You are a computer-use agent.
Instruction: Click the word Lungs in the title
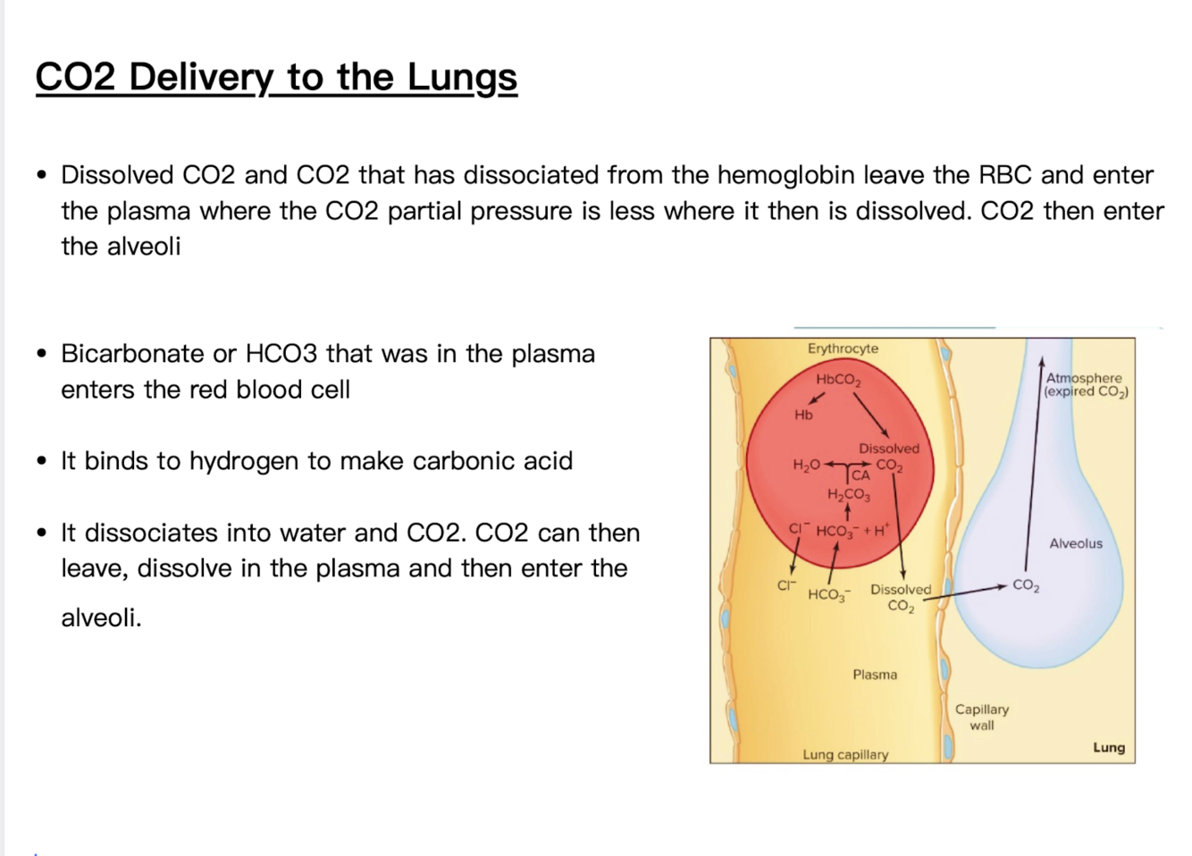point(462,78)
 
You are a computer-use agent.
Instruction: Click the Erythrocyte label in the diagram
point(843,348)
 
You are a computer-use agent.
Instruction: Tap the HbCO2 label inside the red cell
point(838,380)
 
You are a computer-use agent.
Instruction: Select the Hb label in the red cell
point(803,415)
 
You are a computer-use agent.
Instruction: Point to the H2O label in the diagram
point(806,466)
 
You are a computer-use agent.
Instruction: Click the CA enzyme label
point(860,475)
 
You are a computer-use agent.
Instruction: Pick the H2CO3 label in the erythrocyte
point(848,494)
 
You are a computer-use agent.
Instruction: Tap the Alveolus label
point(1075,543)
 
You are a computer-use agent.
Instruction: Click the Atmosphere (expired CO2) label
point(1085,384)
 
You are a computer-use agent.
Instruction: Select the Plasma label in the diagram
point(874,675)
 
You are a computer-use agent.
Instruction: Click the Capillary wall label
point(981,717)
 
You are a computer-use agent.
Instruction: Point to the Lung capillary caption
point(845,754)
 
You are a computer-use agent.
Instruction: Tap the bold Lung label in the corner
point(1108,747)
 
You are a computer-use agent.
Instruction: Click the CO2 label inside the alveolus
point(1025,586)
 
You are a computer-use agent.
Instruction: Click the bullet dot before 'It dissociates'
point(42,533)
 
